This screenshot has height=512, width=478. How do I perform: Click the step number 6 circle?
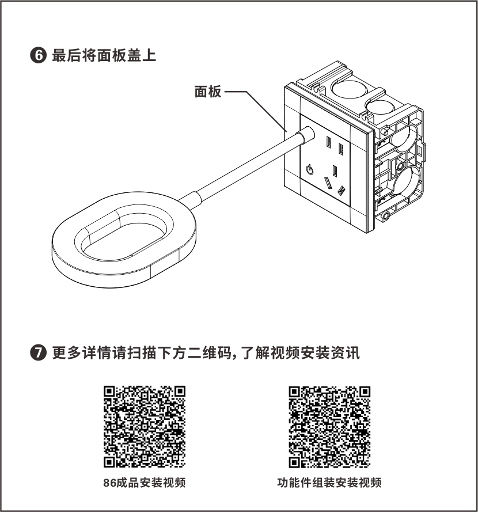click(x=38, y=55)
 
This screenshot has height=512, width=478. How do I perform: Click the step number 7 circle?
click(x=38, y=352)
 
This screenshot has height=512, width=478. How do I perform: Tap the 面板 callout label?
click(x=208, y=92)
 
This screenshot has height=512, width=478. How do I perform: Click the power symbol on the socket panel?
click(x=309, y=169)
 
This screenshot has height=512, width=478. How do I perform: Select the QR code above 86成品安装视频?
click(x=145, y=427)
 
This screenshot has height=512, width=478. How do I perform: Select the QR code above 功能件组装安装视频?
click(x=329, y=427)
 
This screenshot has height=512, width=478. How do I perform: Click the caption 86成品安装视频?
click(x=145, y=483)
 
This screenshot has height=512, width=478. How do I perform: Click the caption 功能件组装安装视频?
click(x=329, y=483)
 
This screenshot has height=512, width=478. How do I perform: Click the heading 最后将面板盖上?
click(x=104, y=55)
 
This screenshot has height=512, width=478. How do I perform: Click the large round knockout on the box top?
click(x=349, y=88)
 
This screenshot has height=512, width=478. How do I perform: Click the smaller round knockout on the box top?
click(x=380, y=107)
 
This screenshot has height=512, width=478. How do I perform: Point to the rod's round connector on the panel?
click(x=306, y=135)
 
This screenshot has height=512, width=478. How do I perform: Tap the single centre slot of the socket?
click(x=335, y=171)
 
